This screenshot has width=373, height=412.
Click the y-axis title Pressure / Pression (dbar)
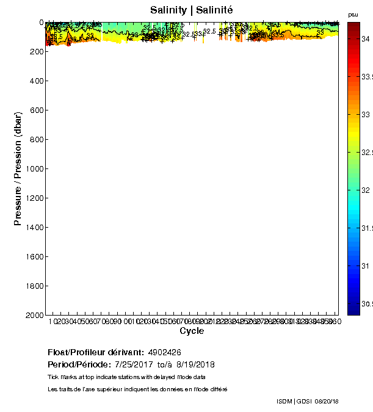(x=18, y=169)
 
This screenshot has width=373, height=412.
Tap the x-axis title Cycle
(x=192, y=331)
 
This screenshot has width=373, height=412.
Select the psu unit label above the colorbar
(x=353, y=14)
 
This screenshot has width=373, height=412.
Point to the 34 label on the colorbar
(x=366, y=38)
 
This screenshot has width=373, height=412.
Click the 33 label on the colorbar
(x=366, y=114)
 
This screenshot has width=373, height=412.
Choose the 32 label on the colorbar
(x=366, y=190)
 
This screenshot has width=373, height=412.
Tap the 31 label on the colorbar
(x=366, y=266)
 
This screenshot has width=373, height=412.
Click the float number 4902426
(x=164, y=352)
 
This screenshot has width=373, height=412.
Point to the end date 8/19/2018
(x=194, y=364)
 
